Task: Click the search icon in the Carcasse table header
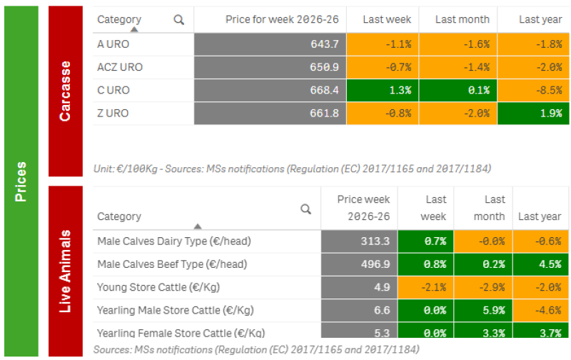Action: (179, 20)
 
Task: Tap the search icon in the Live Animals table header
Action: (306, 209)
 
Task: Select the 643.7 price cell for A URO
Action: (270, 44)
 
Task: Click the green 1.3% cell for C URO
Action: (383, 91)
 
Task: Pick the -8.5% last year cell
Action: (533, 91)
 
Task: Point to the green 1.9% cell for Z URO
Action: (533, 114)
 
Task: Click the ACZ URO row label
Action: (120, 67)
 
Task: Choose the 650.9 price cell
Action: (270, 67)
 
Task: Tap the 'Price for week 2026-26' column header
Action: (282, 19)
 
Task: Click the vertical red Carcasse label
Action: (66, 91)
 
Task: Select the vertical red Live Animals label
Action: (66, 271)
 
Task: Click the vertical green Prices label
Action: (21, 181)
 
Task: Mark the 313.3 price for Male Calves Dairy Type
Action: (359, 241)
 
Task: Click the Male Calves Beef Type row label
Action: (172, 264)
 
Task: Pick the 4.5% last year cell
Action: (540, 264)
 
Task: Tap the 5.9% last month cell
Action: (483, 311)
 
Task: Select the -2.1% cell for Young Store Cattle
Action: (425, 287)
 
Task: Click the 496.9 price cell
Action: (359, 264)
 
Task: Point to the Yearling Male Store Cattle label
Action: (175, 311)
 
